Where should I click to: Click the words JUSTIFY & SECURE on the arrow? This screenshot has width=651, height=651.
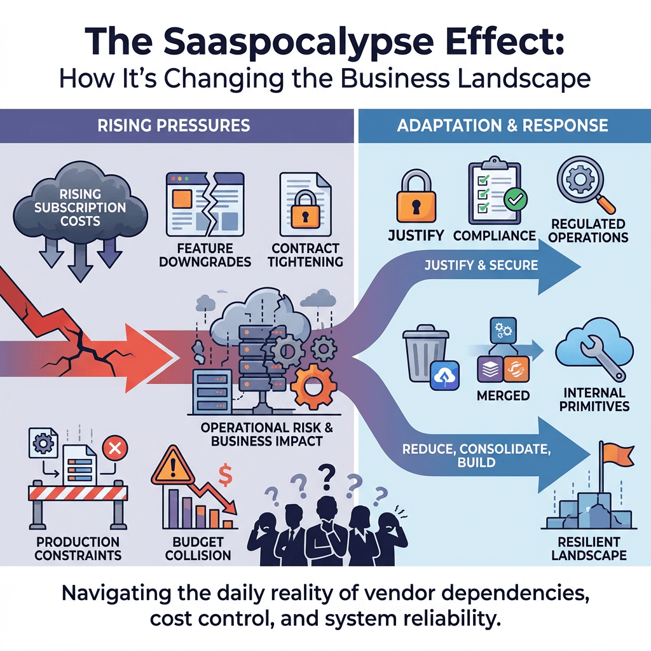click(x=481, y=264)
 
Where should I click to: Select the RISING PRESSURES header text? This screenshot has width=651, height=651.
click(x=174, y=125)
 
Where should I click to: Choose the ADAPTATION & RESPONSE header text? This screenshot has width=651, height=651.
click(x=502, y=125)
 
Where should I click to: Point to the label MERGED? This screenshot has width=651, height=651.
click(x=503, y=395)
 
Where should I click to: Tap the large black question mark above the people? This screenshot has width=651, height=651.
click(x=327, y=474)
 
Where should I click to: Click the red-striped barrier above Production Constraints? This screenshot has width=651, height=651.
click(x=78, y=493)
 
